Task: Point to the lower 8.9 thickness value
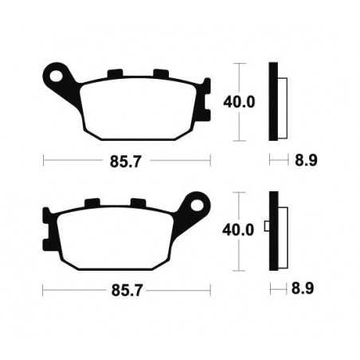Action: tap(302, 287)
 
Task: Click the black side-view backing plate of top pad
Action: tap(273, 101)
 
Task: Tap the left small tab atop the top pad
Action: tap(113, 75)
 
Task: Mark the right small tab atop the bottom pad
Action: tap(139, 203)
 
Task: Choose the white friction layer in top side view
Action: tap(281, 102)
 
